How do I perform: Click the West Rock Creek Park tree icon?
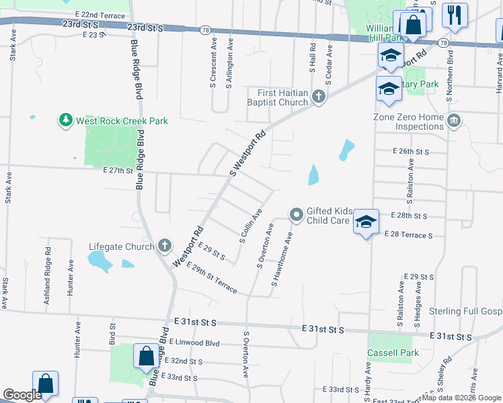65,120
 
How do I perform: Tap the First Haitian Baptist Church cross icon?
319,97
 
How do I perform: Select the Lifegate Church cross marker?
165,246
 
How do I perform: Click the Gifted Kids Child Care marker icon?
296,215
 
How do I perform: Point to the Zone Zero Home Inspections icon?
454,121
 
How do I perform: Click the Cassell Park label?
393,353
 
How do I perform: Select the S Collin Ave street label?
251,226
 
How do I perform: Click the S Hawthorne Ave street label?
282,259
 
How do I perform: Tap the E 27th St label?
119,171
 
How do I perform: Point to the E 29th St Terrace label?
212,277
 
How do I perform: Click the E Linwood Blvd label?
194,343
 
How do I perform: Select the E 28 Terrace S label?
408,235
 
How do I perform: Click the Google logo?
22,396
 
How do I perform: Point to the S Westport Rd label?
248,154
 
